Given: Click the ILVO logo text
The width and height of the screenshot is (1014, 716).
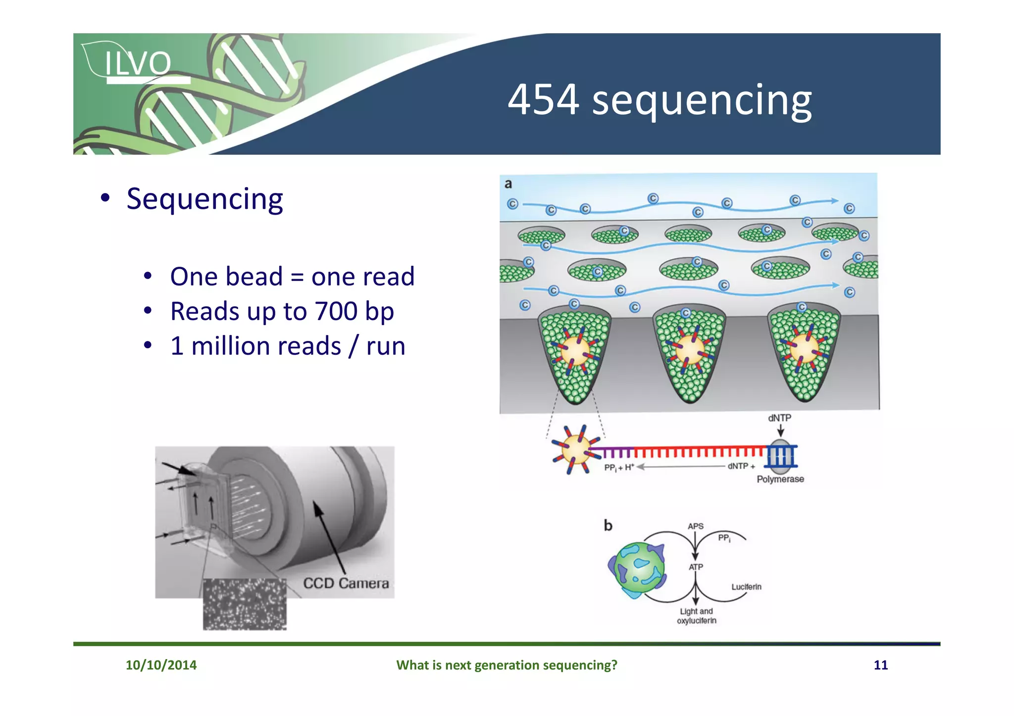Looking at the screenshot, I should click(138, 63).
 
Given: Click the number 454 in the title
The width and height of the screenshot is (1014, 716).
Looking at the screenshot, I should click(543, 100).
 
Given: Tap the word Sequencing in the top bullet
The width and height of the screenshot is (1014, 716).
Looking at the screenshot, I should click(204, 199).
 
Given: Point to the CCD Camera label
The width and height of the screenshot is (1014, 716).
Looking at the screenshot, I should click(346, 583).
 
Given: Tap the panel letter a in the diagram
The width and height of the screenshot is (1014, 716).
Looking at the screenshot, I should click(508, 184).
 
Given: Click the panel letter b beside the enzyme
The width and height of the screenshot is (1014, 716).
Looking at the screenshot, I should click(608, 525).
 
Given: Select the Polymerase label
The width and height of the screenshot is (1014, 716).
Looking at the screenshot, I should click(780, 479).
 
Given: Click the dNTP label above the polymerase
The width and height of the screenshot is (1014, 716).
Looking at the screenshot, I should click(779, 418).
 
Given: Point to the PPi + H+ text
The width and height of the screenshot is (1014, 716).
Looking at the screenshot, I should click(619, 467).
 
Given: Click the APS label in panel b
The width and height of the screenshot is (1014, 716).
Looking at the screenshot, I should click(695, 526).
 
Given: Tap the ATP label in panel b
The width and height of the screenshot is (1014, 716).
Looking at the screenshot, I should click(696, 567).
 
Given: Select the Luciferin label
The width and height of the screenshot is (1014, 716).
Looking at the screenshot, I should click(746, 587).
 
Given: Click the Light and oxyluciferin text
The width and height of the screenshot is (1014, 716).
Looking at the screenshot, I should click(696, 616).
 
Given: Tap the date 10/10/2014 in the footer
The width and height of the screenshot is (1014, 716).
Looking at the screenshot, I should click(161, 665).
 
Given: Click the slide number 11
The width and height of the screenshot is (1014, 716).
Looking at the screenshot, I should click(880, 665).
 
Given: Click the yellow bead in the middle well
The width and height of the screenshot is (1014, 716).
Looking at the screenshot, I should click(690, 348).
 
